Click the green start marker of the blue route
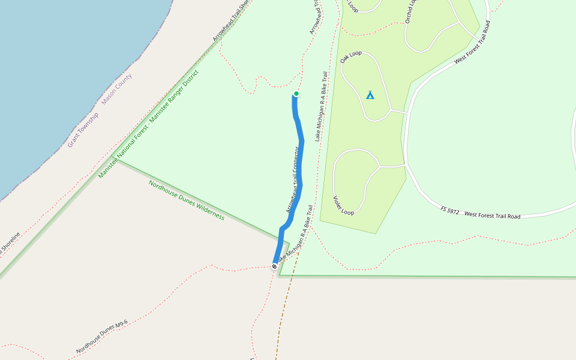coord(296,94)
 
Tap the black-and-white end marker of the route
coord(274,266)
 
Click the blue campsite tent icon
coord(370,95)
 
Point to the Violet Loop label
coord(344,205)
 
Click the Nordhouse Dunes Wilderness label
coord(187,200)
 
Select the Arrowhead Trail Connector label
coord(293,179)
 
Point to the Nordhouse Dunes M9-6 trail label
coord(102,337)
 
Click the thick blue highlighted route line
coord(301,162)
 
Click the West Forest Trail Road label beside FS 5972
coord(492,214)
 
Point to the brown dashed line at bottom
coord(280,324)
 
